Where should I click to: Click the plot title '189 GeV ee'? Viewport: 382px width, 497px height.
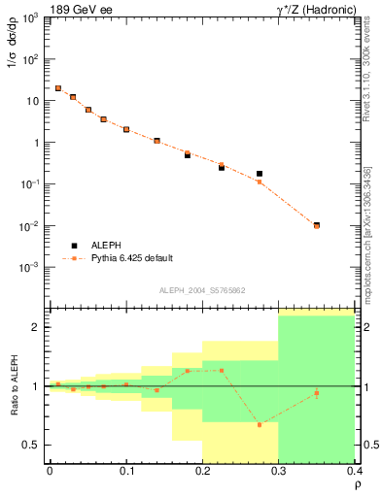[78, 9]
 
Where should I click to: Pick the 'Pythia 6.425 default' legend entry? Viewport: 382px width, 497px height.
[130, 258]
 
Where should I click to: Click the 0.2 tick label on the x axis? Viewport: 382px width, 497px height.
[202, 471]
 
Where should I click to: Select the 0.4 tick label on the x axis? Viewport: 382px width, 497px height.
[353, 471]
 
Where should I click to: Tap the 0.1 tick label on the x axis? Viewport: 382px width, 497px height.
[126, 471]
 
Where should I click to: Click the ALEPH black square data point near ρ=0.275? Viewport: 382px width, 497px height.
[260, 174]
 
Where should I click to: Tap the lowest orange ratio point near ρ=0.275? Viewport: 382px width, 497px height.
[260, 424]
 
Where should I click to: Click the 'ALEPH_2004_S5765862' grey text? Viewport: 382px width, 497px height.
[201, 290]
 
